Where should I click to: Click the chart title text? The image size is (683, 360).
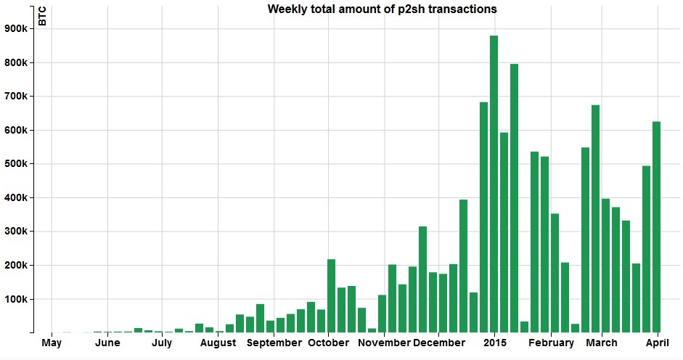click(x=382, y=9)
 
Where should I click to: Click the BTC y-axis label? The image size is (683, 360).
click(x=42, y=16)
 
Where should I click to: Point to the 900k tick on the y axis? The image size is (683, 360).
click(x=15, y=29)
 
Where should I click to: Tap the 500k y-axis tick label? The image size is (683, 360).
click(x=15, y=164)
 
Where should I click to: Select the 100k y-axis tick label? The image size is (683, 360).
click(x=15, y=299)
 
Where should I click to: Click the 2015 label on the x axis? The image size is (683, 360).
click(x=495, y=343)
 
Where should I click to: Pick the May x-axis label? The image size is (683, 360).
click(x=52, y=343)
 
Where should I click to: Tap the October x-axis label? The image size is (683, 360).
click(x=329, y=343)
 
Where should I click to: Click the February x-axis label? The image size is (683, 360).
click(x=551, y=343)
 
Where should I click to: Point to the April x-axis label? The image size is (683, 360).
click(x=657, y=343)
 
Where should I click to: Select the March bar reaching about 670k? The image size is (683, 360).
click(x=595, y=218)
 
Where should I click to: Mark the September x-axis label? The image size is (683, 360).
click(x=274, y=343)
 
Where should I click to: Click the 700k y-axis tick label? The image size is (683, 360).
click(x=15, y=97)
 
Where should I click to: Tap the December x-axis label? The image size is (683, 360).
click(x=439, y=343)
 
